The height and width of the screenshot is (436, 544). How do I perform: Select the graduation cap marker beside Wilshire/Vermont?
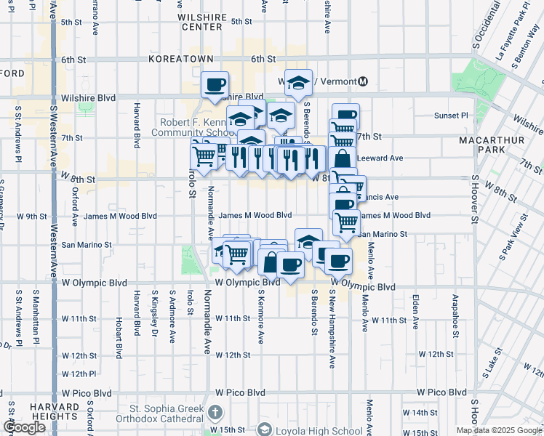tap(298, 84)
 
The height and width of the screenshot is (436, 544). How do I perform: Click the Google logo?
tap(24, 428)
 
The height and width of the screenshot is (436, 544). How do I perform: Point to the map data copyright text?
tap(498, 430)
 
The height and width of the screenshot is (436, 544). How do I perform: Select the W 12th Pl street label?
tap(79, 374)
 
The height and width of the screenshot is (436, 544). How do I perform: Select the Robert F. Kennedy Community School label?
tap(191, 128)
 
